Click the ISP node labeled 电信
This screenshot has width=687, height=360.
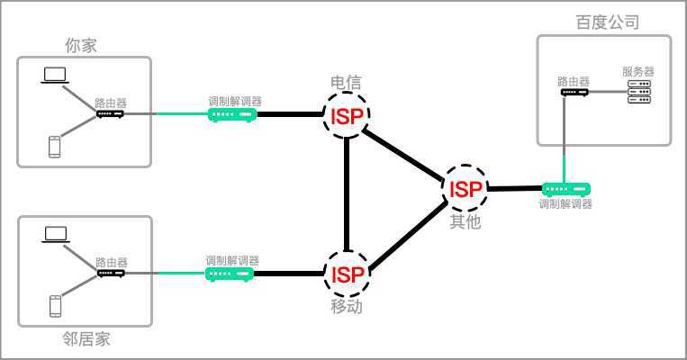point(346,117)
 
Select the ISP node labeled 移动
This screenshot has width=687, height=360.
point(348,274)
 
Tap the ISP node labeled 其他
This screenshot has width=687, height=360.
point(466,188)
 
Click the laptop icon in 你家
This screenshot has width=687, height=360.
point(54,76)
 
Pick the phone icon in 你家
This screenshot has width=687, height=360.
point(55,147)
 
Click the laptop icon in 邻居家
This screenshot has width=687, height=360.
point(56,234)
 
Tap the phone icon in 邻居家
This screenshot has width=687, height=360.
point(56,307)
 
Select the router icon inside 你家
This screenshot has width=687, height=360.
point(110,114)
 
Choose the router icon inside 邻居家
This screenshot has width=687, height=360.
point(111,273)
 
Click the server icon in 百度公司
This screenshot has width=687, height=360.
point(637,90)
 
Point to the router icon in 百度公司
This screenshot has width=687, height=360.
point(573,92)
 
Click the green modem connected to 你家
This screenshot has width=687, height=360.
point(233,115)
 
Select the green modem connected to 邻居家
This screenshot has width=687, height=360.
point(231,273)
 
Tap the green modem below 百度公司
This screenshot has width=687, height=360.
point(566,189)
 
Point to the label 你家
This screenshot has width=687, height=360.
point(80,44)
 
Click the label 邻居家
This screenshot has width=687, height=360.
point(86,339)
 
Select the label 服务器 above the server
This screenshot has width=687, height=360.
point(637,71)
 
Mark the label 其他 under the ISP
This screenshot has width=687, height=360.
point(466,221)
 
